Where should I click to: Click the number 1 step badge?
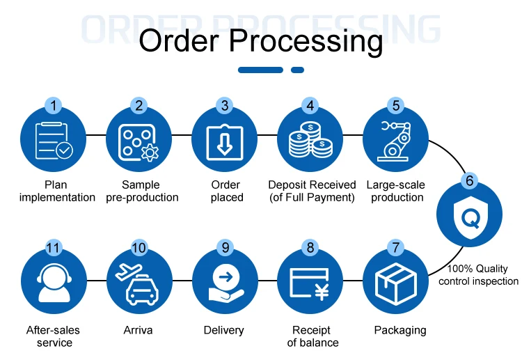click(54, 106)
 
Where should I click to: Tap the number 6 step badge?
click(469, 181)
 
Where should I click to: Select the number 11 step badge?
click(54, 247)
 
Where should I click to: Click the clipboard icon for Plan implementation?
click(53, 141)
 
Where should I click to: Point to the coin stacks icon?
click(310, 141)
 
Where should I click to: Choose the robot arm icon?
click(395, 141)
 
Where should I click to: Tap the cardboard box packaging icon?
click(395, 283)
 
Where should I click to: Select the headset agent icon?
click(54, 284)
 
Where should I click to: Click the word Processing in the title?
click(315, 41)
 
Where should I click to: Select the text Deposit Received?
click(312, 185)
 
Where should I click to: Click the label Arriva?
click(139, 329)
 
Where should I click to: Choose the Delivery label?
click(223, 329)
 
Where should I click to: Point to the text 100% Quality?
click(477, 268)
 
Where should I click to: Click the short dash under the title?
click(297, 70)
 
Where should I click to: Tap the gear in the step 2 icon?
click(149, 151)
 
